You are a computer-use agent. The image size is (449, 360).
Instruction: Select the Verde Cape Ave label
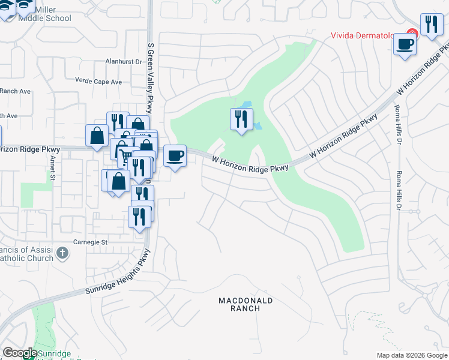[98, 81]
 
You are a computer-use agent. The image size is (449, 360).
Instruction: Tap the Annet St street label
[53, 169]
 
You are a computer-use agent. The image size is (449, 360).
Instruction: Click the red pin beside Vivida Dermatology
[412, 34]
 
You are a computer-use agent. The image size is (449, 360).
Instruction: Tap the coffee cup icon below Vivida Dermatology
[405, 44]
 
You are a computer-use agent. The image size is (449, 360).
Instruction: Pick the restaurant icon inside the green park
[241, 118]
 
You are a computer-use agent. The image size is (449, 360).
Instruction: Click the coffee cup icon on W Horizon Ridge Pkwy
[175, 156]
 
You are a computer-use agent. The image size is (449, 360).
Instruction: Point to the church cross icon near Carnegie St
[61, 253]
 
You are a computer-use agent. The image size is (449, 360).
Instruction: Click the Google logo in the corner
[19, 353]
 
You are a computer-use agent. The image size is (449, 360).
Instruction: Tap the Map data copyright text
[412, 356]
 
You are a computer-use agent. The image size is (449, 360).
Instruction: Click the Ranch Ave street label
[15, 91]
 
